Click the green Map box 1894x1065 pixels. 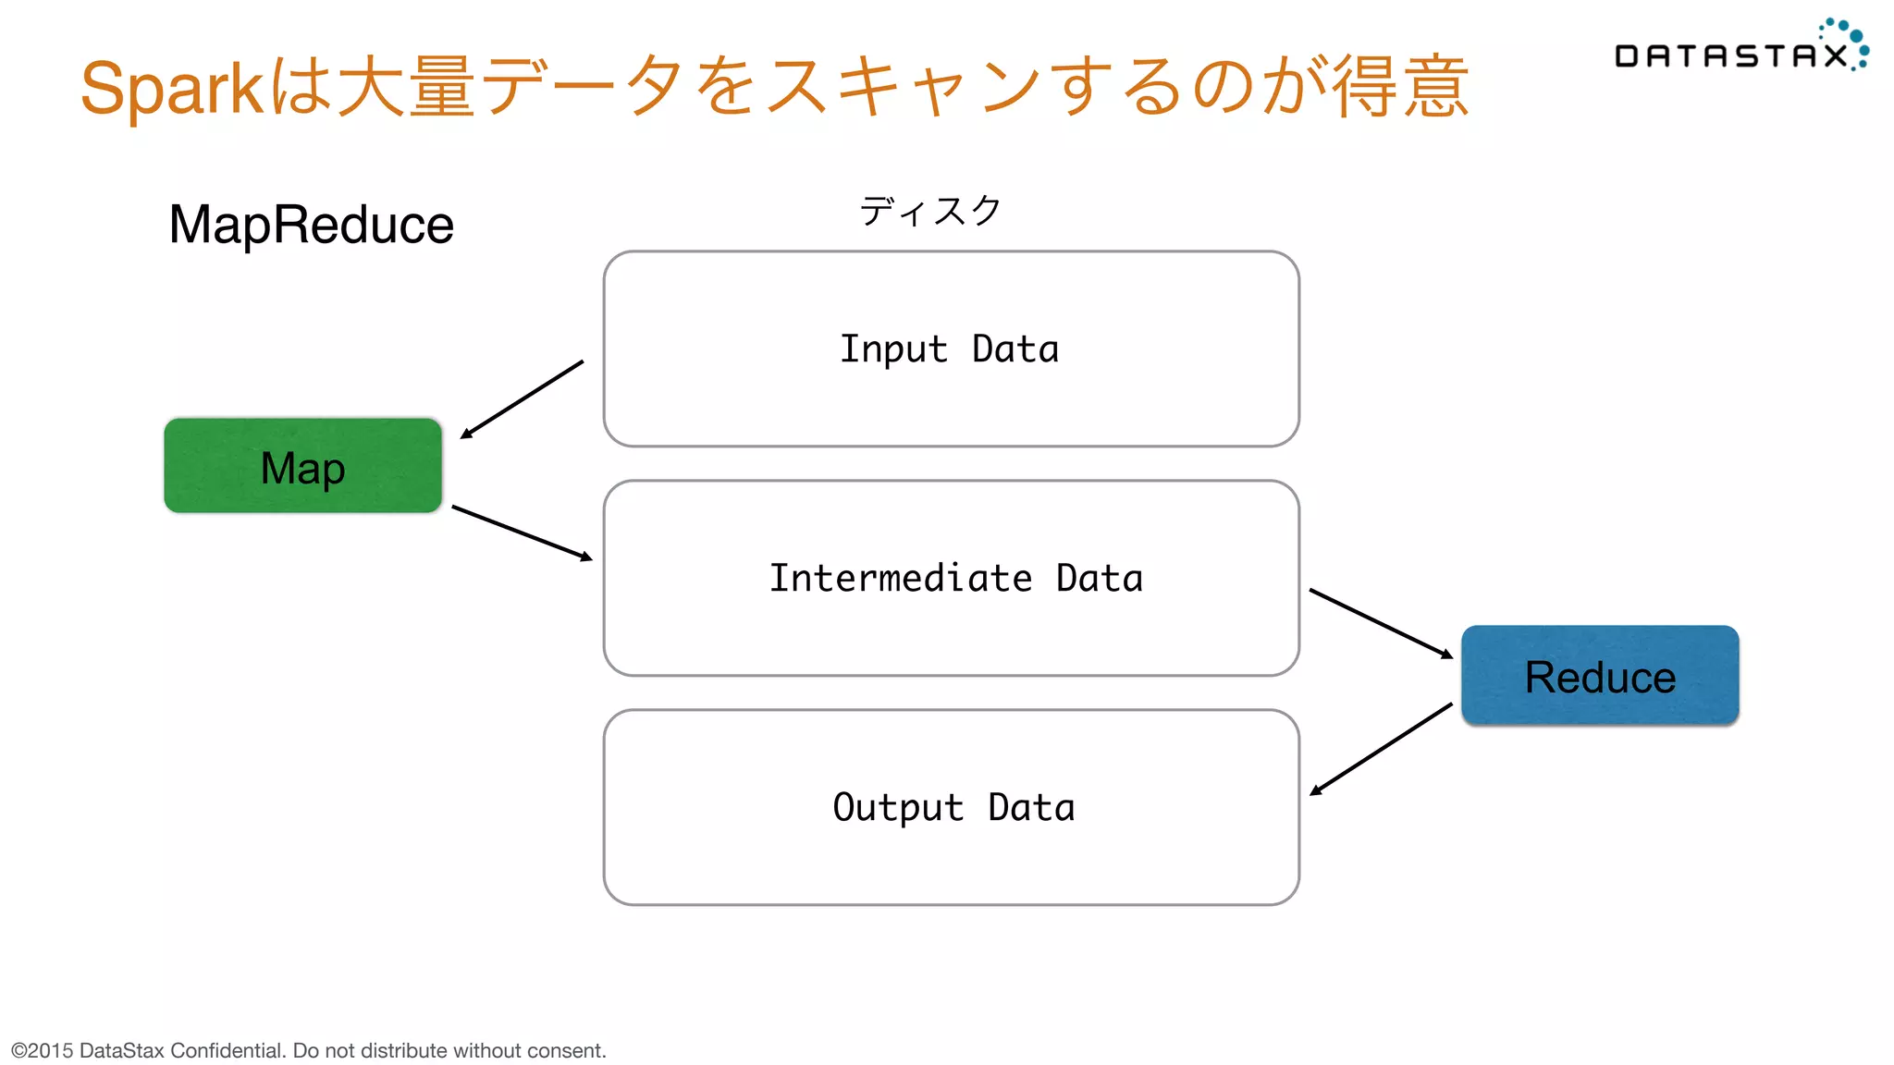[x=302, y=466]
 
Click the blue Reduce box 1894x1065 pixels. [x=1600, y=676]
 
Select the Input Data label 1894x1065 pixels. [x=949, y=349]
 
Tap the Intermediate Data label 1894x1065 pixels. [x=955, y=579]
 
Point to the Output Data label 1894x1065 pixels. [x=953, y=808]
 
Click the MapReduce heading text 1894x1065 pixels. [x=311, y=225]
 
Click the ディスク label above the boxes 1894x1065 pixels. [x=929, y=211]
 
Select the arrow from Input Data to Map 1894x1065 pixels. [x=523, y=398]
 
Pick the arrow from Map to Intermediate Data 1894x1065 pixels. [x=522, y=532]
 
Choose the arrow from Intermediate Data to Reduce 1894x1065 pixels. [x=1381, y=623]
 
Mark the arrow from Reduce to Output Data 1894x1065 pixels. [x=1381, y=749]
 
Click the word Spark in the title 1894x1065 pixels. [x=172, y=89]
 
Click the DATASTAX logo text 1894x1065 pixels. [x=1729, y=56]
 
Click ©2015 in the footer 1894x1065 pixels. [x=42, y=1050]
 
